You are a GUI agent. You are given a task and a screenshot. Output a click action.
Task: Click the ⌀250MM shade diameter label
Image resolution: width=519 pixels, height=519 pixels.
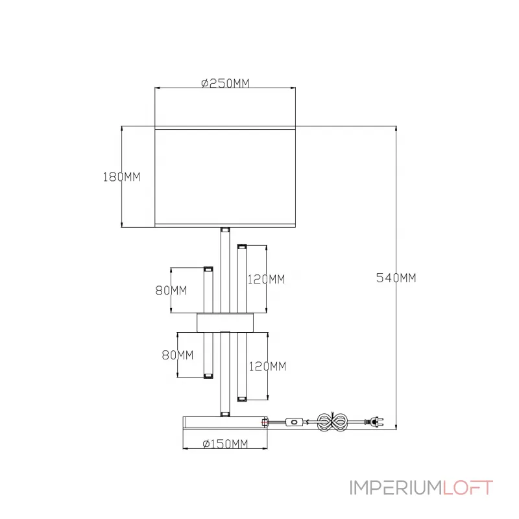click(225, 83)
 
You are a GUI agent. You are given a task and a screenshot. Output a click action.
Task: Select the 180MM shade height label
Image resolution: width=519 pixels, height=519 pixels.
click(121, 176)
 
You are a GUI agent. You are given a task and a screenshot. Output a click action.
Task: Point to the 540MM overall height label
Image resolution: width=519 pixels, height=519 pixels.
click(396, 278)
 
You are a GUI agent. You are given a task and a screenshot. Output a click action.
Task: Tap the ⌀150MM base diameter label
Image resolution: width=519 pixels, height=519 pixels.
click(225, 444)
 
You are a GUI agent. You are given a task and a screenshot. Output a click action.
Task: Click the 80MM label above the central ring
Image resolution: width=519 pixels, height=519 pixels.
click(171, 291)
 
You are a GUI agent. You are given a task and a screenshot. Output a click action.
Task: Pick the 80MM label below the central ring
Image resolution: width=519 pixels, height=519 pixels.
click(177, 355)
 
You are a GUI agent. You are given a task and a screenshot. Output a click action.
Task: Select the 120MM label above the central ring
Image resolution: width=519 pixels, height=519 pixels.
click(266, 280)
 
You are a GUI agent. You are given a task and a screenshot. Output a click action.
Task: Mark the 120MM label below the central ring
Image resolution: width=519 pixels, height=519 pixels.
click(267, 367)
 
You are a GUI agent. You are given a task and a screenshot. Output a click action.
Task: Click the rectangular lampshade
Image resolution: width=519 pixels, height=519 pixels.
click(225, 176)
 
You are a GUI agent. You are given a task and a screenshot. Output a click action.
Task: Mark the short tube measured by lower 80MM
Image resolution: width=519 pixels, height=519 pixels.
click(209, 355)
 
